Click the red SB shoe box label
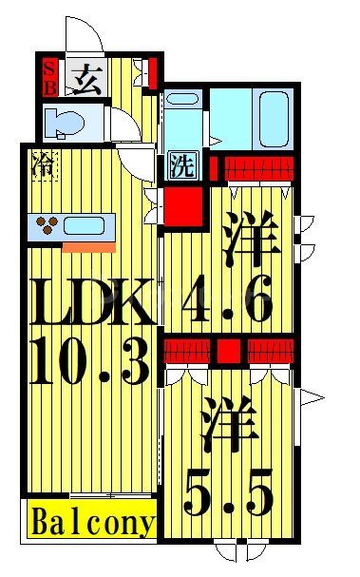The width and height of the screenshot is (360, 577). tap(49, 76)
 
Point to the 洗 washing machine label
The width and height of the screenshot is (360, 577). tap(181, 165)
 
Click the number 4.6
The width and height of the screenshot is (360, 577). tap(229, 297)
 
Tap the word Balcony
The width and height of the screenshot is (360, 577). tap(93, 522)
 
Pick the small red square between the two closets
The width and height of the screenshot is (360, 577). tap(228, 351)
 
